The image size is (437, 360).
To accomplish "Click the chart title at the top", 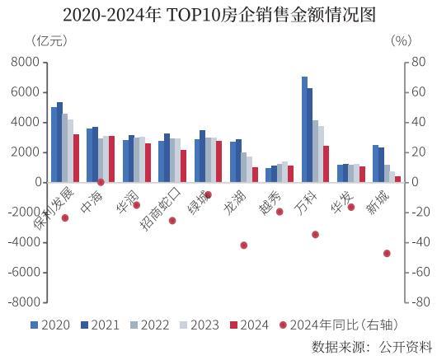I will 218,14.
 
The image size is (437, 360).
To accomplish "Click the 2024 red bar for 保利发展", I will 76,158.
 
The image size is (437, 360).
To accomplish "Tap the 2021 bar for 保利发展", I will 60,142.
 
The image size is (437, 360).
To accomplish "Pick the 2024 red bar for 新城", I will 397,179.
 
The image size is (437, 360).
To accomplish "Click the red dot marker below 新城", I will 387,253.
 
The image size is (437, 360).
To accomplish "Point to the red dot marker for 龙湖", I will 243,245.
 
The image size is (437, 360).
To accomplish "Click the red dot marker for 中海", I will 101,182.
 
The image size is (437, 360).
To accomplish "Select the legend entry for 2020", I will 50,325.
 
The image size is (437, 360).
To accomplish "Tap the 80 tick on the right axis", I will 414,62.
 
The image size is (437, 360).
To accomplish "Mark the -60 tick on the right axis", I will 416,272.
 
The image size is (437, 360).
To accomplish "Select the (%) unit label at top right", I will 401,40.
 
